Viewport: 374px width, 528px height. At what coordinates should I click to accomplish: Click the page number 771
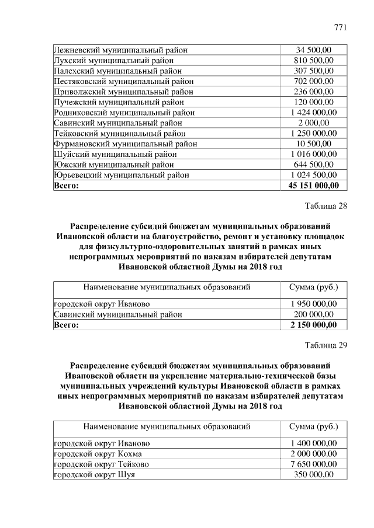(x=340, y=27)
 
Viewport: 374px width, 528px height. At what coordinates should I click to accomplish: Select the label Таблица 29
(x=326, y=345)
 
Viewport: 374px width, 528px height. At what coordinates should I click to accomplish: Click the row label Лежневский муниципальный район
(x=121, y=50)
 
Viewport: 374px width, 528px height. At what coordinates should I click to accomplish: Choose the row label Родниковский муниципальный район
(x=124, y=113)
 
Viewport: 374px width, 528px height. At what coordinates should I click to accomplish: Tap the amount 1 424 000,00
(x=313, y=113)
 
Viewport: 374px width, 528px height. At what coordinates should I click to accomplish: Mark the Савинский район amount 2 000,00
(x=313, y=123)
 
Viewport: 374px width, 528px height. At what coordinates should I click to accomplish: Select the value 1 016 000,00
(x=313, y=155)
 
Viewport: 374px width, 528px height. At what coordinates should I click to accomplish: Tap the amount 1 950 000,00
(x=313, y=304)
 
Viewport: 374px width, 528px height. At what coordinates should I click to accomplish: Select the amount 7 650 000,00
(x=313, y=464)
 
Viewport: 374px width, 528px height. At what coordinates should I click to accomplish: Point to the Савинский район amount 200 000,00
(x=313, y=314)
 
